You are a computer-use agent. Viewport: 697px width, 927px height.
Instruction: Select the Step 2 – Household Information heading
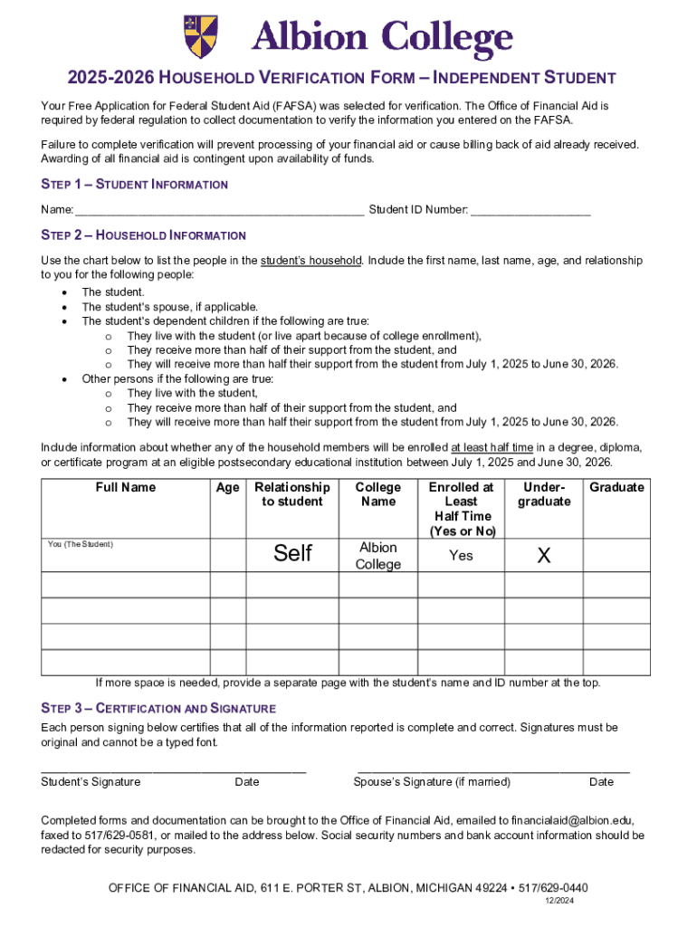[143, 235]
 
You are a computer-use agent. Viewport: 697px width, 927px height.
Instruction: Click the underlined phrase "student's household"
[311, 261]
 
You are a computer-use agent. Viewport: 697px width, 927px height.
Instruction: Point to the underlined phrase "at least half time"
[492, 447]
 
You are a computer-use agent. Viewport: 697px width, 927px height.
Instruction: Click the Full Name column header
[126, 488]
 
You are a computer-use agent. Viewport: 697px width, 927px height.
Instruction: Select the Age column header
[228, 488]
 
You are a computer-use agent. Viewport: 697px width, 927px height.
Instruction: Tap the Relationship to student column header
[292, 494]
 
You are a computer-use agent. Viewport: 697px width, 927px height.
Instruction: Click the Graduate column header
[616, 488]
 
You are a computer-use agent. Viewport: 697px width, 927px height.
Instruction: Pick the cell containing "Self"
[292, 553]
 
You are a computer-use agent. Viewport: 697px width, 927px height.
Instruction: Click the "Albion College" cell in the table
[377, 556]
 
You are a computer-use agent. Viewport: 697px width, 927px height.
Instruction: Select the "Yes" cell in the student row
[461, 556]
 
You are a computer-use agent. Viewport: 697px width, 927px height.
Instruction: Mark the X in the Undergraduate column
[543, 556]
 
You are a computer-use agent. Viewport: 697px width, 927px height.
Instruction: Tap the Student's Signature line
[172, 769]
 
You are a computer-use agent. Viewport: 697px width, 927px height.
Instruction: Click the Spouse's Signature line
[493, 769]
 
